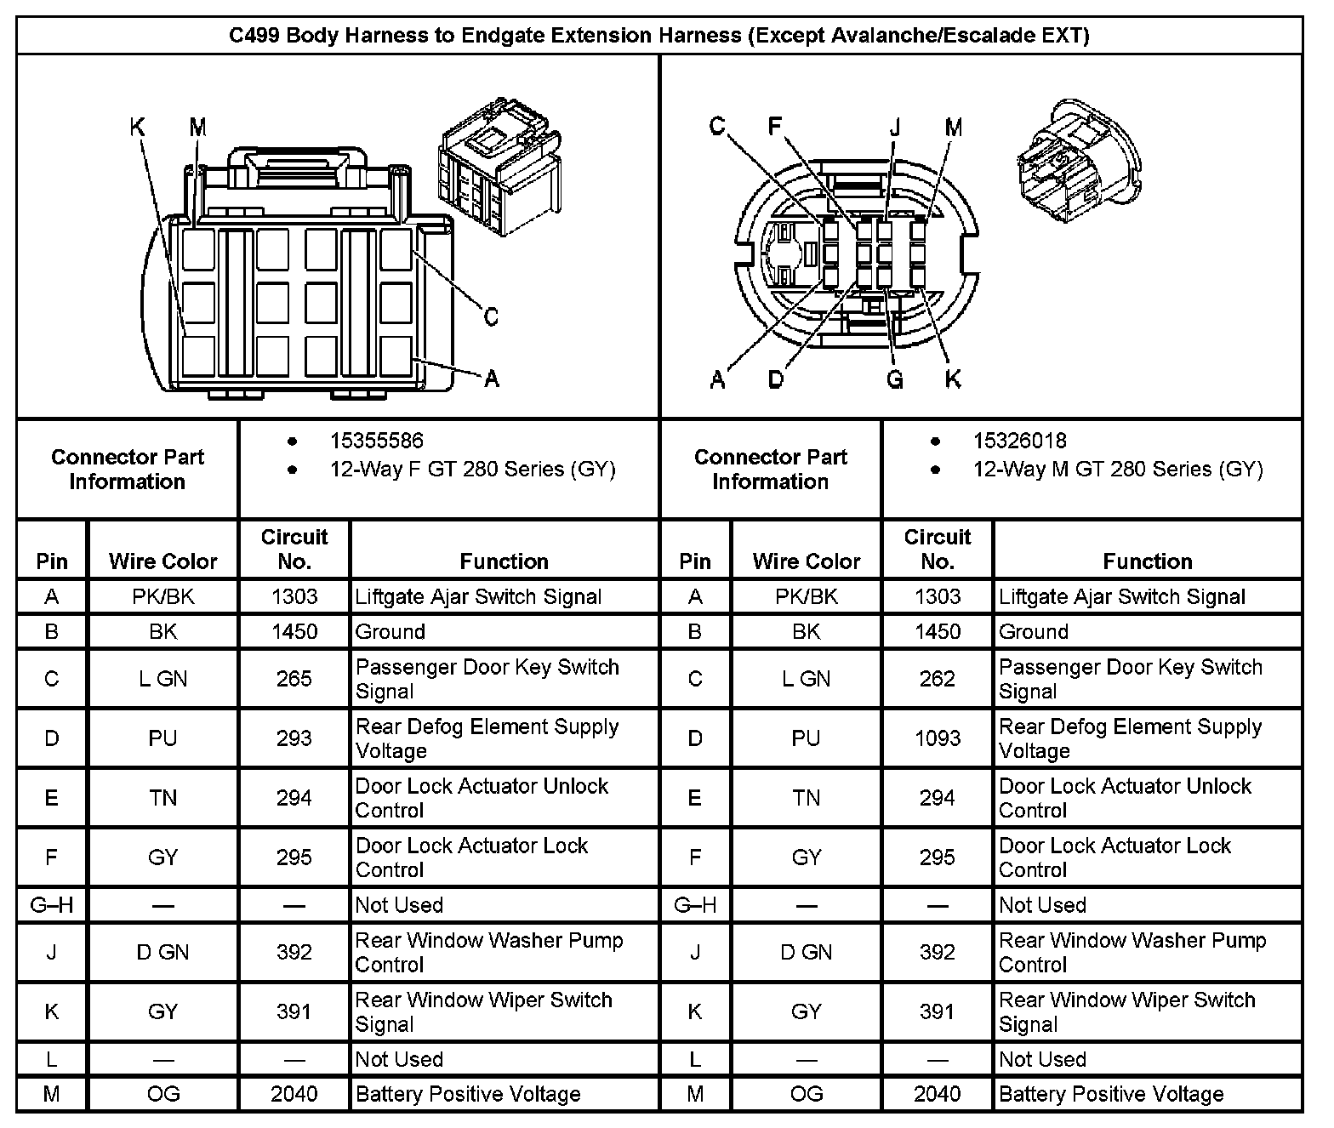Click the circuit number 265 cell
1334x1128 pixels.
[x=294, y=679]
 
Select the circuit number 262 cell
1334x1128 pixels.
[x=937, y=679]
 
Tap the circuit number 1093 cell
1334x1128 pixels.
[x=937, y=738]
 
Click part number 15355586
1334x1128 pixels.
[x=376, y=441]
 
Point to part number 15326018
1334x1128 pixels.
[x=1019, y=441]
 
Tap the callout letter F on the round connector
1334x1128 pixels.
[x=774, y=127]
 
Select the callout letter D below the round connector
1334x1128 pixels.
[x=776, y=379]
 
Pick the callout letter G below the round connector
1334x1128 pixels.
[x=894, y=379]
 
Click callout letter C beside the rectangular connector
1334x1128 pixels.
[x=491, y=317]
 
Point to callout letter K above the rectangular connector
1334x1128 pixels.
[x=137, y=128]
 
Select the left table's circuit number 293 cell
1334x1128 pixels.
[x=294, y=738]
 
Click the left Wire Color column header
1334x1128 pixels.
[x=162, y=561]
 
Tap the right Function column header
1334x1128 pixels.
[x=1147, y=561]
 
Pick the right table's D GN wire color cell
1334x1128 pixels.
[x=806, y=953]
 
